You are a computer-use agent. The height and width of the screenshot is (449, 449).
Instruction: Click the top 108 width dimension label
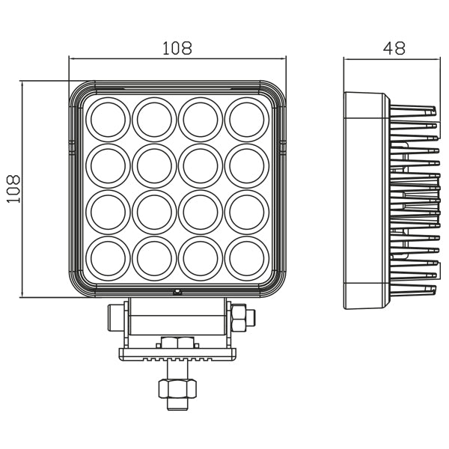pos(177,48)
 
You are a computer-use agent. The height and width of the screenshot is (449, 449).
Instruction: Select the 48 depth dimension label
pos(394,48)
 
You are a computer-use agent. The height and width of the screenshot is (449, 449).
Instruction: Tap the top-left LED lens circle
pos(109,118)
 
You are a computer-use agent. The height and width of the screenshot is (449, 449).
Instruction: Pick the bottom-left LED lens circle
pos(109,257)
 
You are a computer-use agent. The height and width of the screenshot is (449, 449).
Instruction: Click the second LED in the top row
pos(154,118)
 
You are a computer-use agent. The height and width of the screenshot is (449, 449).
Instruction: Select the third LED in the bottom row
pos(200,257)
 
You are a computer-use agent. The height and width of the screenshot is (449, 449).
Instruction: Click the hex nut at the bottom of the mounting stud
pos(177,389)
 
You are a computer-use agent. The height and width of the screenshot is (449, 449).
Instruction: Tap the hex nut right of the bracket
pos(241,318)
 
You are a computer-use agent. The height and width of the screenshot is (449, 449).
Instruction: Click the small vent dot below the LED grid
pos(177,293)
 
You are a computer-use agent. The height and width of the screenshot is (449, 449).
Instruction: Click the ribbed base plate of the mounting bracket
pos(177,355)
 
